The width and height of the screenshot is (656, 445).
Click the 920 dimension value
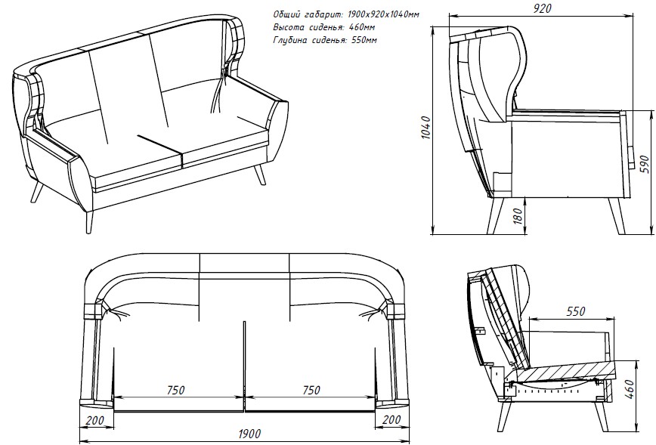click(x=542, y=8)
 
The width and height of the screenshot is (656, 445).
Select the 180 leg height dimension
click(x=518, y=216)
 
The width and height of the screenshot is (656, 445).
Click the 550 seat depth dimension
click(x=576, y=311)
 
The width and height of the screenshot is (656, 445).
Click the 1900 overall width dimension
click(x=249, y=434)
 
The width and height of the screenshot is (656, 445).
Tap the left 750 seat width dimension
click(x=175, y=390)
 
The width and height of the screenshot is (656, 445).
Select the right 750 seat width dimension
click(x=311, y=390)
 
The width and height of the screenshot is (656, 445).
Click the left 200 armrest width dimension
click(x=94, y=419)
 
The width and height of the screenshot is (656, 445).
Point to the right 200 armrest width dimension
click(x=391, y=419)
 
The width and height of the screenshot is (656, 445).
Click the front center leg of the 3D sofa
click(x=88, y=221)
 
